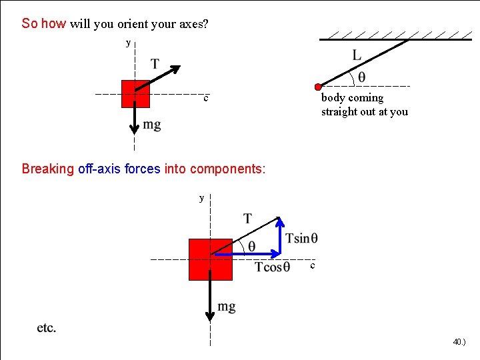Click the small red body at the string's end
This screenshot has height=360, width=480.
click(x=319, y=87)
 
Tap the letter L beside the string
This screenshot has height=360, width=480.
click(x=357, y=55)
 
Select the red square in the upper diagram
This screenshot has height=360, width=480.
click(x=135, y=93)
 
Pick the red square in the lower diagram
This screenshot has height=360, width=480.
click(x=211, y=259)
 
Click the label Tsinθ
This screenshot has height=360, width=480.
click(x=301, y=239)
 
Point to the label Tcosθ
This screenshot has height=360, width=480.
click(x=272, y=267)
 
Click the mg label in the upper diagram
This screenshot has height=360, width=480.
click(x=152, y=125)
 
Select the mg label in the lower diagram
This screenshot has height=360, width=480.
click(x=227, y=307)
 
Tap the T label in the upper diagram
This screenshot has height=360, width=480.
click(x=155, y=64)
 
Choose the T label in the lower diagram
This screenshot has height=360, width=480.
click(x=247, y=218)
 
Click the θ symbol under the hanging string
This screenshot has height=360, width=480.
click(x=361, y=77)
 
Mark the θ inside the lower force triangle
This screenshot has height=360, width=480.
click(x=251, y=246)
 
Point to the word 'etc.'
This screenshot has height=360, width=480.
click(x=47, y=328)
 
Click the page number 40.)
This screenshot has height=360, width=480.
click(x=459, y=342)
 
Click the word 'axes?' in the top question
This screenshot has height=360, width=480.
click(x=193, y=24)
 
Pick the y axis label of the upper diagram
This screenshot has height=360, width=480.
click(x=129, y=43)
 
